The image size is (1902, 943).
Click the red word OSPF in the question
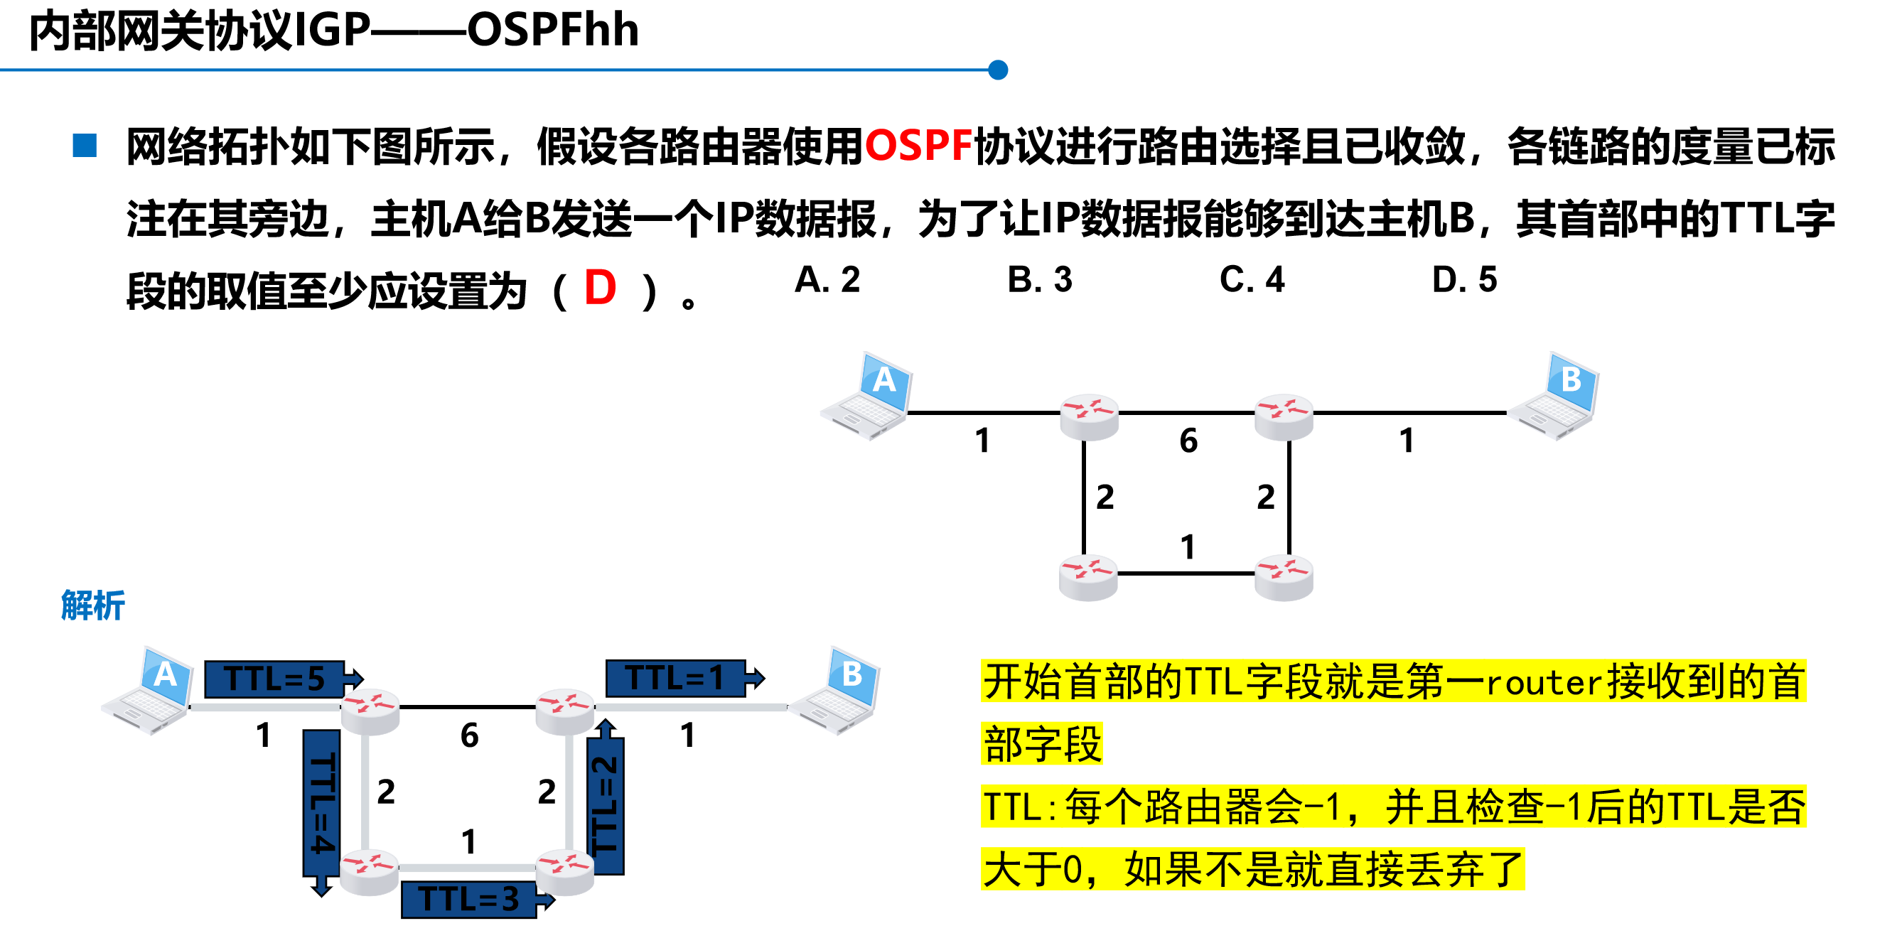(x=918, y=146)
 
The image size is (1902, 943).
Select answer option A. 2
(x=827, y=280)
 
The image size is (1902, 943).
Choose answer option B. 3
(x=1040, y=280)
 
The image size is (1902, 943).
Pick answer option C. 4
(x=1252, y=280)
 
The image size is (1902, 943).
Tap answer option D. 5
(x=1464, y=280)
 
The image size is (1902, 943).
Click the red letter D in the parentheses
(x=600, y=288)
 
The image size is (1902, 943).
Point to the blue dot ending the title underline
(x=997, y=70)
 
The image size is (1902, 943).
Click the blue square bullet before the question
(x=85, y=146)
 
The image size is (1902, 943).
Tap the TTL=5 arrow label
(x=275, y=679)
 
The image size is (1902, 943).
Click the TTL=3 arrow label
(x=470, y=899)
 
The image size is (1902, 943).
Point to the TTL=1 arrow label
(x=676, y=678)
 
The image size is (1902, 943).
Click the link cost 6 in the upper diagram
(x=1188, y=441)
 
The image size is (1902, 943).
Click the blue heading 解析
(x=93, y=605)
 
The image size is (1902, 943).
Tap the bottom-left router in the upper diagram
(x=1087, y=577)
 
